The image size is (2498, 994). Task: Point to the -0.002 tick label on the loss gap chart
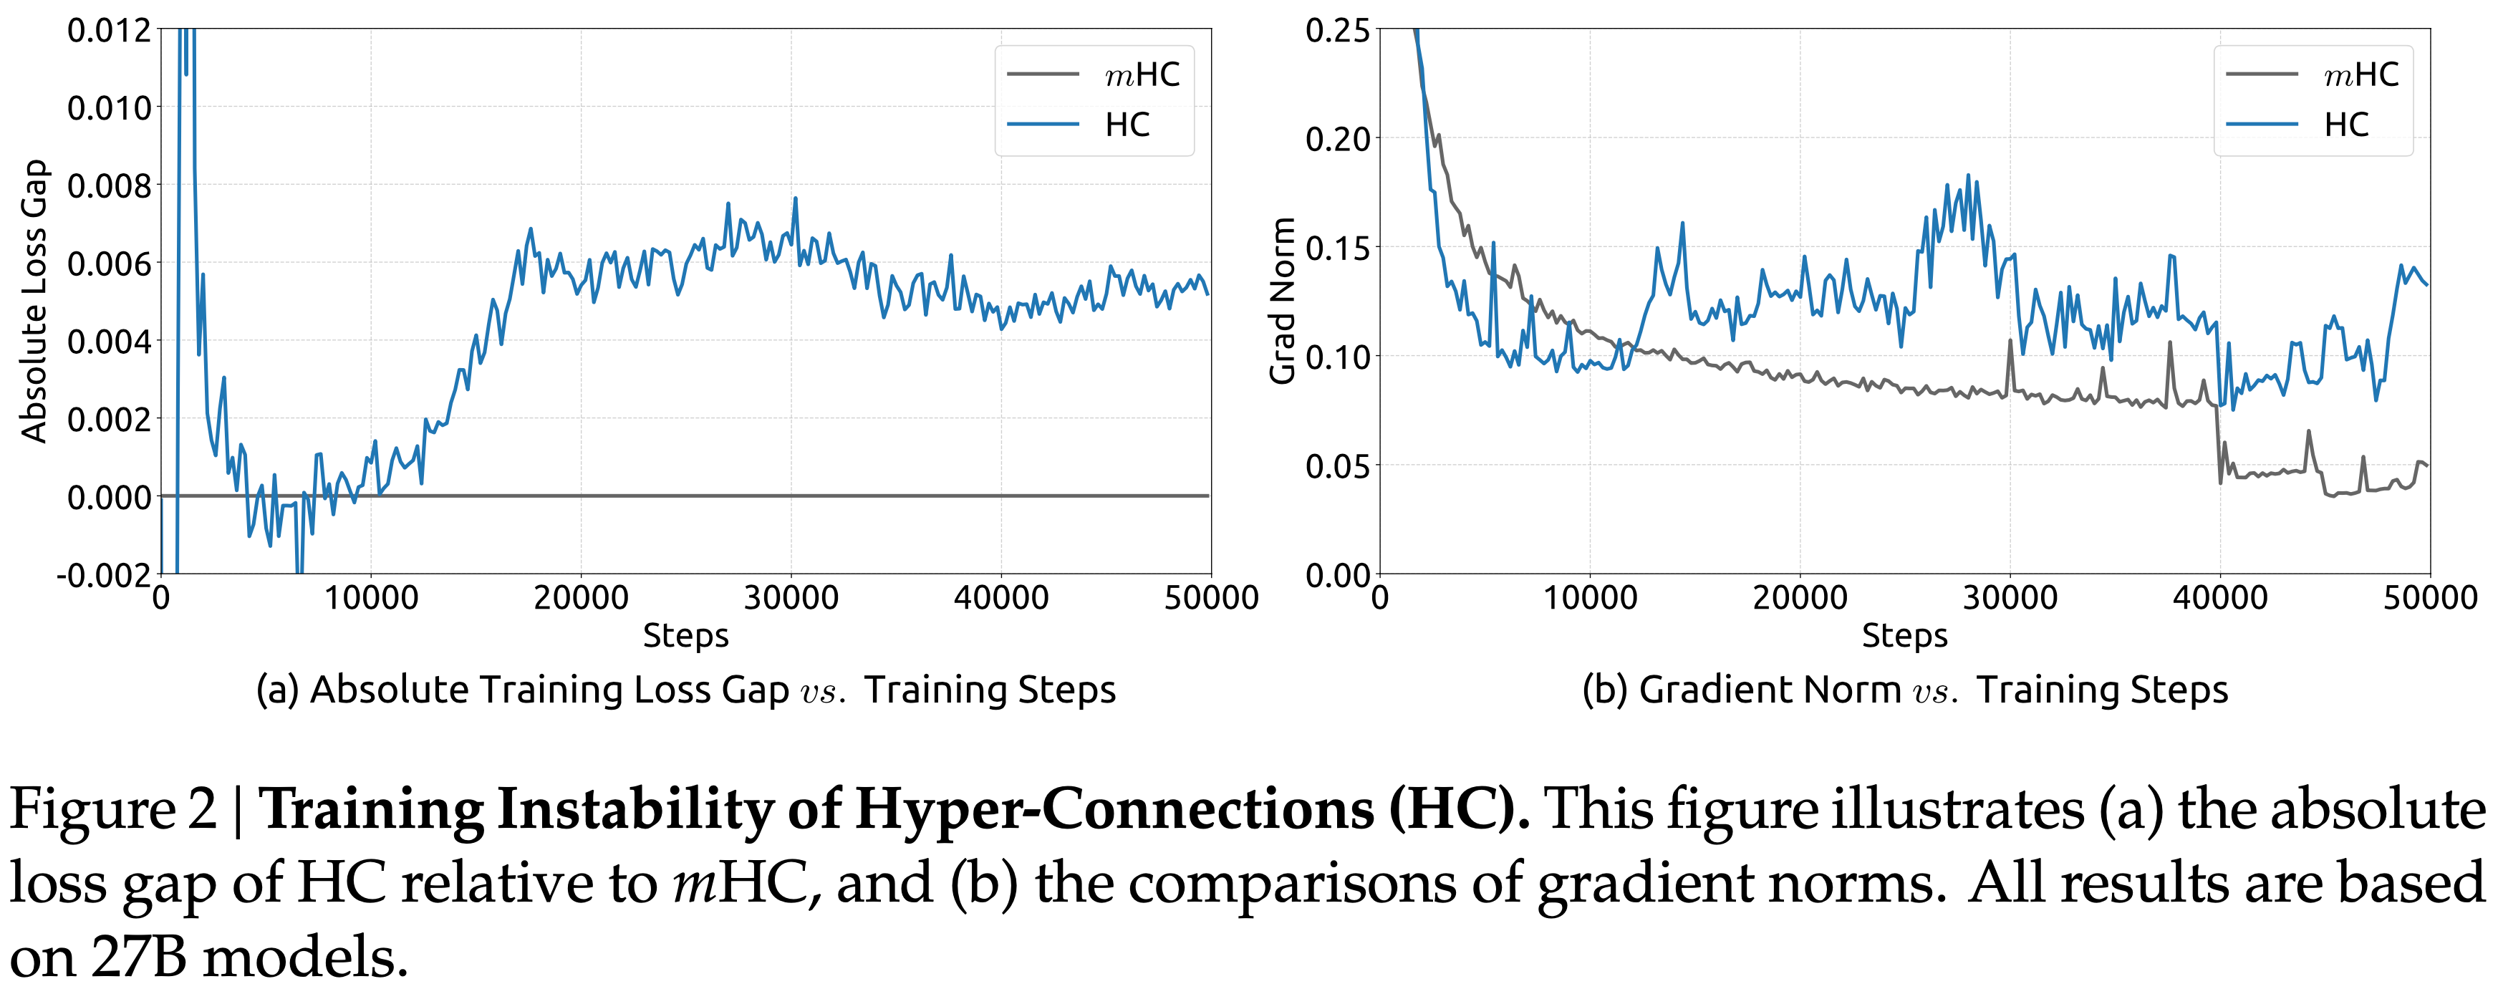coord(105,575)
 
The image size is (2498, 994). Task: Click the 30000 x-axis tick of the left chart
coord(791,597)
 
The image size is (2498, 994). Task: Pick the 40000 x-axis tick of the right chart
coord(2219,597)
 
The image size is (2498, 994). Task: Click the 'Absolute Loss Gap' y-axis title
coord(35,301)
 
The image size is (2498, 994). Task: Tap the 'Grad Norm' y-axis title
coord(1282,301)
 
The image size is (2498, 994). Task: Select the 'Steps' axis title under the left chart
coord(685,636)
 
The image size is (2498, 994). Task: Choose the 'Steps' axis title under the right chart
coord(1904,636)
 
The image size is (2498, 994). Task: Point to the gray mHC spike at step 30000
coord(2010,342)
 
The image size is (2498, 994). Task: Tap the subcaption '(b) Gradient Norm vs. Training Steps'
coord(1904,690)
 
